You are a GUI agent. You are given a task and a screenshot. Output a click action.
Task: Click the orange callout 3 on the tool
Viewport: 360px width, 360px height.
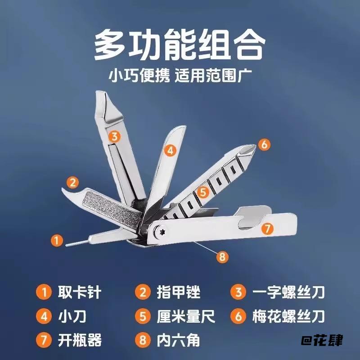pyautogui.click(x=115, y=136)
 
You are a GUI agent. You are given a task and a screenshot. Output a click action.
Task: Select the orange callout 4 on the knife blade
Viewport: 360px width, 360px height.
pyautogui.click(x=170, y=151)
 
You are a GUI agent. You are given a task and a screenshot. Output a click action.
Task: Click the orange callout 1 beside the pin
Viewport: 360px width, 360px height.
pyautogui.click(x=56, y=240)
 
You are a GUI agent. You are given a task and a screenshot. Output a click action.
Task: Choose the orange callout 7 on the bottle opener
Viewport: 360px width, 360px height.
pyautogui.click(x=267, y=229)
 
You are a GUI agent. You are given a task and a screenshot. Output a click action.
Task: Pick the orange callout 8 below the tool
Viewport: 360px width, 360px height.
pyautogui.click(x=221, y=257)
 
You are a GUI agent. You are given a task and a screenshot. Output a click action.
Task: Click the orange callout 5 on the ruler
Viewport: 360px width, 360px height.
pyautogui.click(x=203, y=192)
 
